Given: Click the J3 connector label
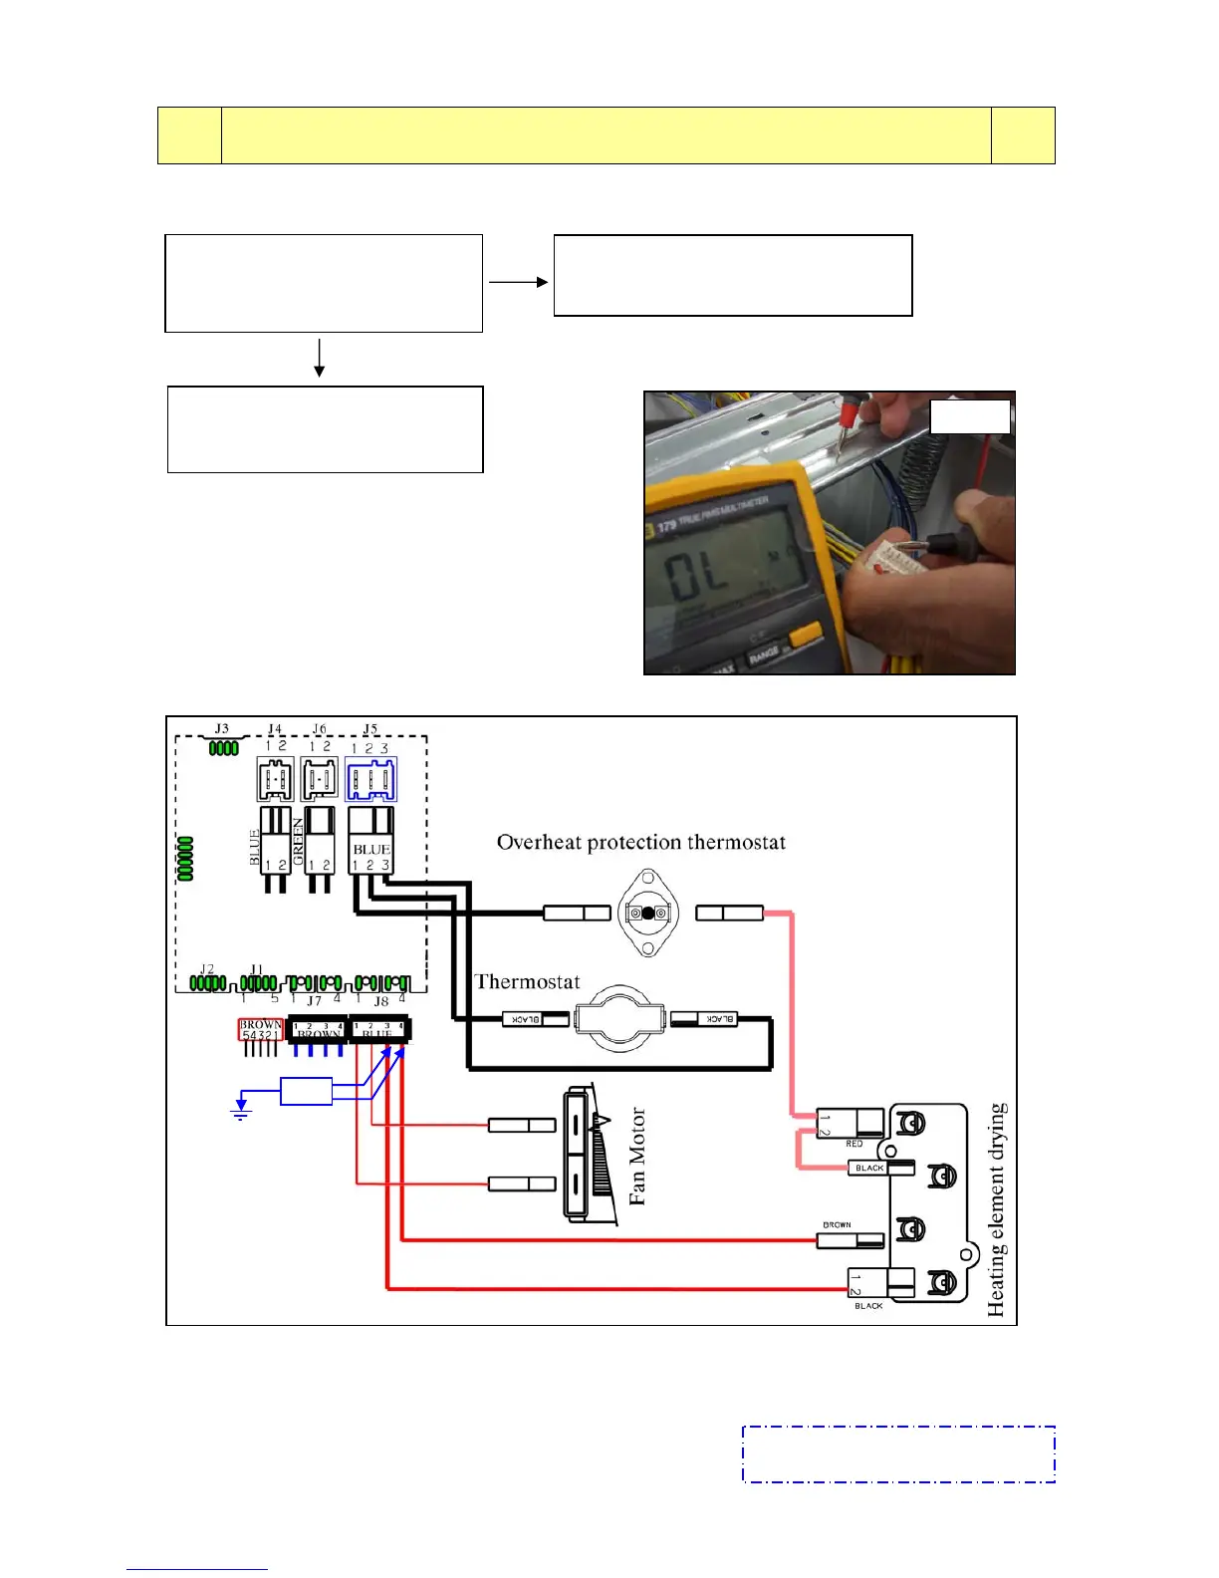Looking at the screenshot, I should (x=221, y=729).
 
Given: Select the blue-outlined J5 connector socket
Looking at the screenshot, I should (x=370, y=779).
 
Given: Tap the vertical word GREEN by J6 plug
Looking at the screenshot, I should (x=298, y=842).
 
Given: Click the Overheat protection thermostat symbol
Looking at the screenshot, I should (x=648, y=914).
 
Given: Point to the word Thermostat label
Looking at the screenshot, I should (x=527, y=982).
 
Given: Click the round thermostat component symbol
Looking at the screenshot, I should (x=619, y=1019).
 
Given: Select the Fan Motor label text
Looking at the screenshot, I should (x=637, y=1157).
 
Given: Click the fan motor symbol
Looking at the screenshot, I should (x=588, y=1155).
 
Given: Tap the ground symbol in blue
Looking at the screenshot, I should (x=240, y=1109).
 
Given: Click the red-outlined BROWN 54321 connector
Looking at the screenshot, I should (x=260, y=1030).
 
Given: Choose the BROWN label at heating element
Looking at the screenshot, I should (x=837, y=1225).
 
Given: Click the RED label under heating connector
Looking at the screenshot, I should (x=853, y=1145).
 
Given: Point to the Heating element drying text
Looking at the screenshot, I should (x=996, y=1210).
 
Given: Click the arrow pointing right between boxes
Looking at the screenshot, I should (x=518, y=282).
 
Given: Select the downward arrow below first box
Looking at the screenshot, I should (x=320, y=359).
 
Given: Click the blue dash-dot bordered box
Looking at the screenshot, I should (x=898, y=1454).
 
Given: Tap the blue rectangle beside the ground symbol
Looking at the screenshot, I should (x=306, y=1092).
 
